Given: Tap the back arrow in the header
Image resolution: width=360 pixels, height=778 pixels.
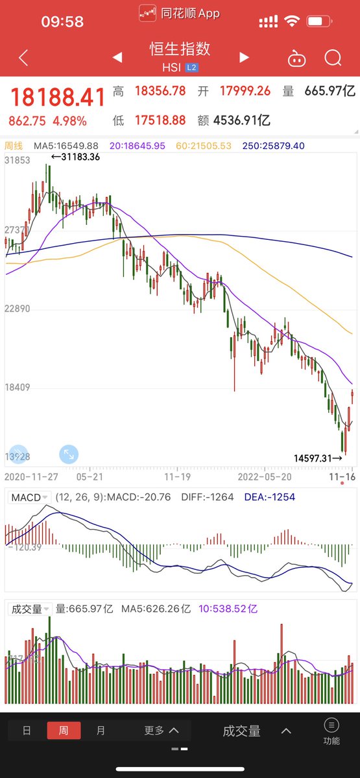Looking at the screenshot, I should tap(23, 58).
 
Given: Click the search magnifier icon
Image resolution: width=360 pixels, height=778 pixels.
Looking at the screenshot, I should tap(333, 58).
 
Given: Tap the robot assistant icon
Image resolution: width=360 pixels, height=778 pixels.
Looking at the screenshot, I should tap(296, 58).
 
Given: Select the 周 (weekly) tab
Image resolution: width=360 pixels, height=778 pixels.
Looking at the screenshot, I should tap(64, 731).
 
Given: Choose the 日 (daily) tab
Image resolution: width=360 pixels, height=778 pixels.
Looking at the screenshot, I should tap(27, 731).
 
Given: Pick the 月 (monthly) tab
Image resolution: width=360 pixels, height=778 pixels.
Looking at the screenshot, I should tap(101, 731).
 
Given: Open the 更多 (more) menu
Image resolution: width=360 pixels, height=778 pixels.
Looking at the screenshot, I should tap(161, 731).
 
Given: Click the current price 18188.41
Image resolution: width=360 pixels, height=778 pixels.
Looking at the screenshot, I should tap(57, 98).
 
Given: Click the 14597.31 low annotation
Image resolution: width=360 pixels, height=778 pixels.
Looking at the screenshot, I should tap(318, 458).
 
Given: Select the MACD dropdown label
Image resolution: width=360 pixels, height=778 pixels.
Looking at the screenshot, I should tap(27, 497).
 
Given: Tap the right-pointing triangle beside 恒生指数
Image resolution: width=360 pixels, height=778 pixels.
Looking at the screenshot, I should tap(244, 58).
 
